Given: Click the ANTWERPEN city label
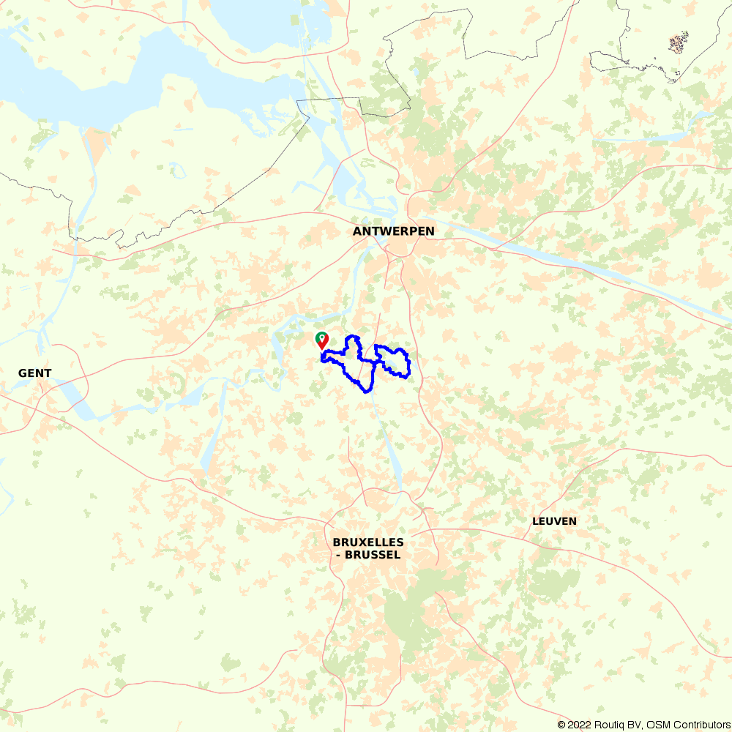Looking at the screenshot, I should (x=393, y=231).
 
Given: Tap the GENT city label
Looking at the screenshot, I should (x=34, y=373).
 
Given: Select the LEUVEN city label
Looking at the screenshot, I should (x=554, y=521).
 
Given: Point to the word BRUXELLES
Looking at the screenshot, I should (x=368, y=542).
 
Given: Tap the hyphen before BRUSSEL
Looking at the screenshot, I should (x=338, y=555).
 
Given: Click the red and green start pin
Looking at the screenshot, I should (x=321, y=340).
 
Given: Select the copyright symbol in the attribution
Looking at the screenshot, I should (x=561, y=725).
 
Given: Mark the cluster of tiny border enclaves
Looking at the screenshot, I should (x=679, y=43).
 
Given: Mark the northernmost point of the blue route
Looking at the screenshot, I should (x=353, y=336).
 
